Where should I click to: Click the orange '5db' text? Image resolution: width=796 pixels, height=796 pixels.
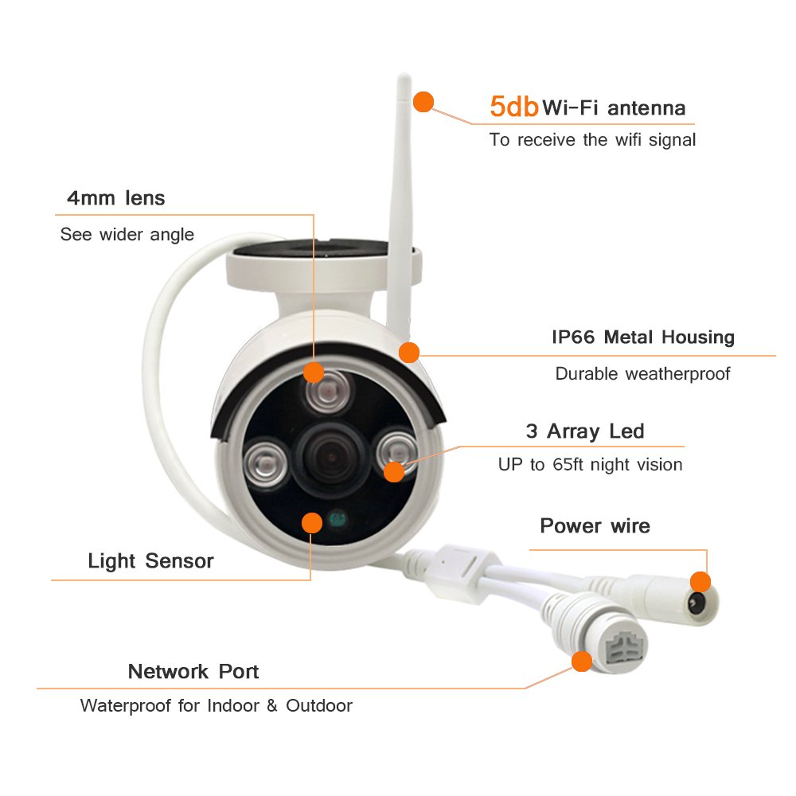tap(514, 107)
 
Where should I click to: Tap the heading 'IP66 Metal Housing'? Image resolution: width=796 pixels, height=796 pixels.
tap(643, 337)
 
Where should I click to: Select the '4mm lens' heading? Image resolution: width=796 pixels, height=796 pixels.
tap(116, 198)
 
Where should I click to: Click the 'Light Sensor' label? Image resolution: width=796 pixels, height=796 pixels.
tap(150, 561)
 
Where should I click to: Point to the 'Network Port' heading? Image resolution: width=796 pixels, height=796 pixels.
tap(193, 671)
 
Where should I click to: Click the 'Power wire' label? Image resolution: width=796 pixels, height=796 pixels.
tap(595, 526)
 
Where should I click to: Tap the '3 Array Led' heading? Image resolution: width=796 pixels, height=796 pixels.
tap(585, 431)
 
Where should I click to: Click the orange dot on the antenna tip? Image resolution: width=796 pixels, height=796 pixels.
tap(423, 102)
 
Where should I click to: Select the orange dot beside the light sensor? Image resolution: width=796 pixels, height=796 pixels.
tap(312, 522)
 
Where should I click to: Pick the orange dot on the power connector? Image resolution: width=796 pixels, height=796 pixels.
tap(700, 581)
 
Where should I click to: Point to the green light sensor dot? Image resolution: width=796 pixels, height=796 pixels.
tap(338, 521)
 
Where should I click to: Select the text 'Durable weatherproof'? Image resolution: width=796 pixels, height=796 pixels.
tap(642, 373)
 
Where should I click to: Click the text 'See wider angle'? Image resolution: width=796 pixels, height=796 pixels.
tap(127, 234)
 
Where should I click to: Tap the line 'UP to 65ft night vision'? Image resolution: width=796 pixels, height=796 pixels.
tap(590, 464)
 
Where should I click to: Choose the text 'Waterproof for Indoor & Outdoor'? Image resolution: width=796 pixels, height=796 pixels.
tap(216, 705)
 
